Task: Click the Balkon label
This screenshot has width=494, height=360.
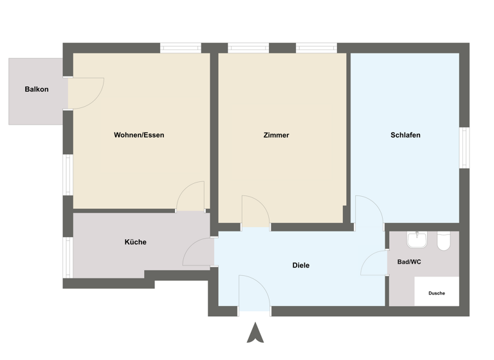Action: click(x=37, y=89)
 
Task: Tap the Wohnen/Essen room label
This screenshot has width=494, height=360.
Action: click(x=139, y=135)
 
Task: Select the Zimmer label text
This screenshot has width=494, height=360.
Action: click(x=276, y=135)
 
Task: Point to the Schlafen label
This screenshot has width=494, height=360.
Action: click(x=405, y=135)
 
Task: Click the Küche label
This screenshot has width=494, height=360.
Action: click(x=135, y=242)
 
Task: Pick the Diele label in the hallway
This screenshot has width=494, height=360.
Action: click(x=301, y=265)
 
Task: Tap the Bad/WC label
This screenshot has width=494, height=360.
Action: click(x=410, y=262)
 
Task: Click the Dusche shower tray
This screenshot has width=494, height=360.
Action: click(x=437, y=292)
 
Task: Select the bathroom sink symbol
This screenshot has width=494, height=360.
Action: click(x=417, y=240)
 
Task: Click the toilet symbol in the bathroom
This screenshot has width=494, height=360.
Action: click(x=443, y=242)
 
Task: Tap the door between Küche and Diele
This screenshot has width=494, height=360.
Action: click(x=199, y=253)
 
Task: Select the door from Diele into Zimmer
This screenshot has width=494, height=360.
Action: click(x=255, y=212)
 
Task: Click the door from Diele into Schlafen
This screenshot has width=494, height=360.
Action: click(x=369, y=212)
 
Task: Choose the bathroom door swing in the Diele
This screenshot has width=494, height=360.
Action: click(x=375, y=263)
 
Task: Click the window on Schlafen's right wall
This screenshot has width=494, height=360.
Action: click(x=464, y=148)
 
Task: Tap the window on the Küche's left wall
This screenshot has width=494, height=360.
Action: click(x=67, y=257)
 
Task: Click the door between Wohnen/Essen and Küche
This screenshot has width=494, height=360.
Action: click(x=190, y=196)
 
